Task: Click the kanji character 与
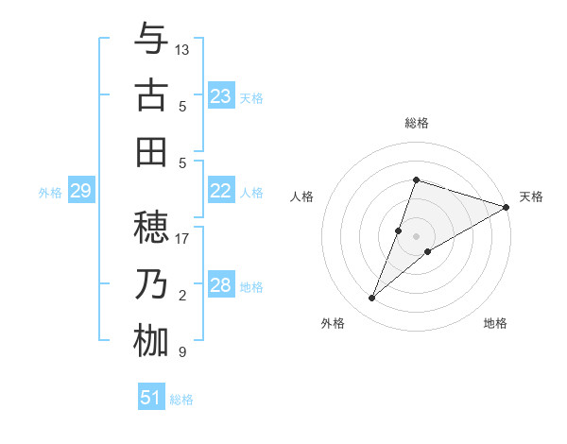pos(151,40)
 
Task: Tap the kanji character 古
pos(151,95)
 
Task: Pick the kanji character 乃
pos(151,284)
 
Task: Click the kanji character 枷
pos(151,341)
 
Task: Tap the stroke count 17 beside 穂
pos(182,238)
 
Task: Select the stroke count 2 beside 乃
pos(182,296)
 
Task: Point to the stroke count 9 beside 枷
pos(182,352)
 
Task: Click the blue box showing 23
pos(220,95)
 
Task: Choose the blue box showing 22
pos(220,191)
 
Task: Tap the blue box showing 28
pos(220,285)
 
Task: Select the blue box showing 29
pos(80,191)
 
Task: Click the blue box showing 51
pos(150,398)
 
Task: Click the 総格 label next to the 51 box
pos(181,400)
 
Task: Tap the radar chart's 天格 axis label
pos(531,196)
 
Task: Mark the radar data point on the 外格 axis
pos(372,299)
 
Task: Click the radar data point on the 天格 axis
pos(506,207)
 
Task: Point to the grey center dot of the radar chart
pos(416,236)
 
